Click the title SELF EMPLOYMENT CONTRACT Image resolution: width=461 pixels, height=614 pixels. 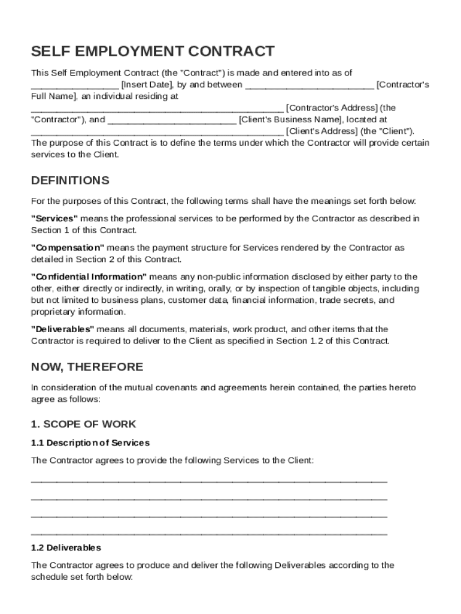pyautogui.click(x=153, y=51)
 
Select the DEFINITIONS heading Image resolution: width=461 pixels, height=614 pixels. pyautogui.click(x=70, y=180)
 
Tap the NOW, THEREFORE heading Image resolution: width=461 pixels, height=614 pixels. pyautogui.click(x=87, y=366)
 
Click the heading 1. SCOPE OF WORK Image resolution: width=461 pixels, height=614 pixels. pyautogui.click(x=83, y=424)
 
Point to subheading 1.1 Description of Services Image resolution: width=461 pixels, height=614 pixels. pyautogui.click(x=90, y=443)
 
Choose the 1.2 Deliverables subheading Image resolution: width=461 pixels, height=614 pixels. pyautogui.click(x=66, y=547)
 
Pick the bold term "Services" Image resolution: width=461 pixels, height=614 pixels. pyautogui.click(x=54, y=218)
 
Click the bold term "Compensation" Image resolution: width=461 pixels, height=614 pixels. pyautogui.click(x=67, y=248)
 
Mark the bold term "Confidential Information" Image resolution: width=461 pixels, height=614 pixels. pyautogui.click(x=89, y=276)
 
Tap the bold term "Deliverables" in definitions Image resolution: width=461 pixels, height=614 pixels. pyautogui.click(x=62, y=329)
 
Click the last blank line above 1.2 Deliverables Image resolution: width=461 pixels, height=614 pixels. pyautogui.click(x=209, y=533)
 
